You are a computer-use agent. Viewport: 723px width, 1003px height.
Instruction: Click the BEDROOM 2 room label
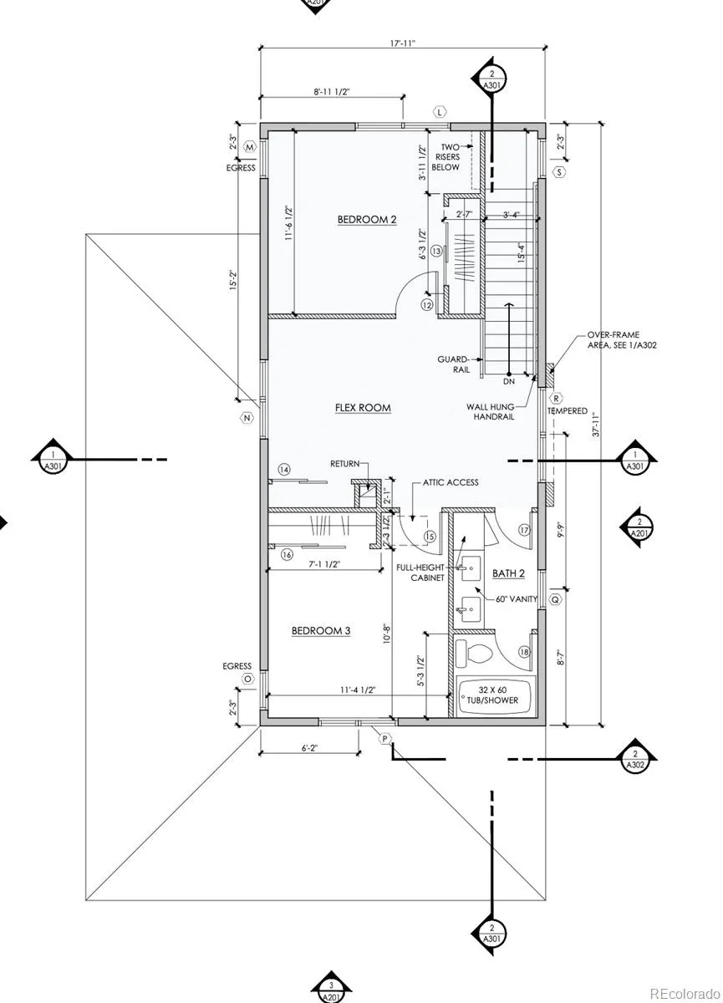pos(366,220)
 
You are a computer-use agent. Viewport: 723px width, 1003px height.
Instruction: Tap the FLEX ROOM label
pos(363,408)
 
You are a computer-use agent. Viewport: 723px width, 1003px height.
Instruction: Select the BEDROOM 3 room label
pos(320,631)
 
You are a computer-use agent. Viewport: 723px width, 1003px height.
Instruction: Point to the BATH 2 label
pos(508,573)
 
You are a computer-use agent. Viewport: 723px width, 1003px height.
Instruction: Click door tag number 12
pos(427,305)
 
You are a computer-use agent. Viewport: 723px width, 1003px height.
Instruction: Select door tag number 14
pos(284,471)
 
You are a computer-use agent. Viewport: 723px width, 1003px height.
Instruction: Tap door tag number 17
pos(524,530)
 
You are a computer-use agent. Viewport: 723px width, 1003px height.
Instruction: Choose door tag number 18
pos(524,652)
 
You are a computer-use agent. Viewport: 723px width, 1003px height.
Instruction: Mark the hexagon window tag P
pos(385,738)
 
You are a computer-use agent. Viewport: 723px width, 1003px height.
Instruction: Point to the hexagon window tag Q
pos(553,599)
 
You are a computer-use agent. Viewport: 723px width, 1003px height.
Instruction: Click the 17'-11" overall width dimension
pos(404,38)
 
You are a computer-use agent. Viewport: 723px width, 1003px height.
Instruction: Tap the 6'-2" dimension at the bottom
pos(308,749)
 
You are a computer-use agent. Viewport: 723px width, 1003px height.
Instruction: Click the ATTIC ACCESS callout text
pos(451,483)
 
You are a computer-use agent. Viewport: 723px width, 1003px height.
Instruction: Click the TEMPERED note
pos(568,411)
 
